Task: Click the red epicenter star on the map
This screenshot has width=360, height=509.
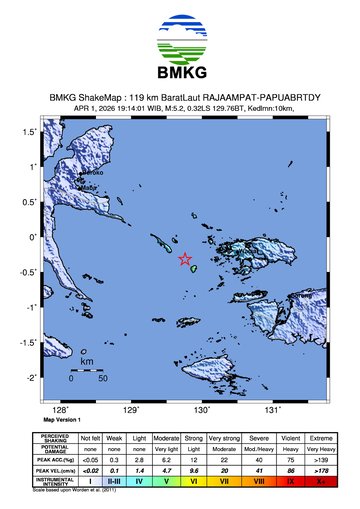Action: (185, 259)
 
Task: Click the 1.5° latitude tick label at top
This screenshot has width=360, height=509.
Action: (32, 132)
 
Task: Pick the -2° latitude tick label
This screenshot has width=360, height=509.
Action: (34, 377)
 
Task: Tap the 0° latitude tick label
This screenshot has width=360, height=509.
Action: (36, 237)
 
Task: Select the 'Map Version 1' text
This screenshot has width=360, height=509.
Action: (62, 419)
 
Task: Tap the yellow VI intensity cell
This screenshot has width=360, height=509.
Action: (194, 481)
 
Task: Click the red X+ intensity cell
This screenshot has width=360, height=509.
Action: (322, 481)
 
